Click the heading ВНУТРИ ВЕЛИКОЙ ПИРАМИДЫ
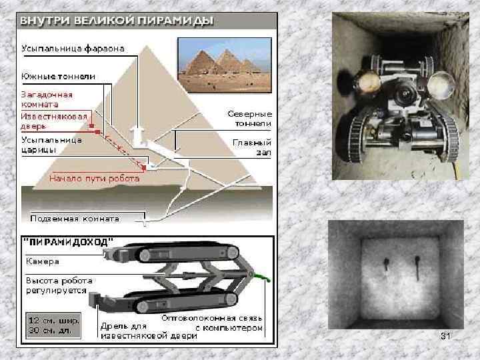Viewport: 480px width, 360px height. [117, 21]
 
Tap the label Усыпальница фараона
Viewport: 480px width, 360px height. [73, 49]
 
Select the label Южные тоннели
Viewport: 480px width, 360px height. [58, 77]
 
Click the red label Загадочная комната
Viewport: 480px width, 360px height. [47, 99]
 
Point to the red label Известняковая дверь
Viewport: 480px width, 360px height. [54, 121]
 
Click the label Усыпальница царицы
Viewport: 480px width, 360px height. [51, 145]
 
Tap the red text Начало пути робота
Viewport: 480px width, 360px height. [94, 179]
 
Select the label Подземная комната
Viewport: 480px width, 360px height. [75, 219]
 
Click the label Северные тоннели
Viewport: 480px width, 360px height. [250, 119]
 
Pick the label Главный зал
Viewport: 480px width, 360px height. [252, 147]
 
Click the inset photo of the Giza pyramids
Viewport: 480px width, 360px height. [225, 65]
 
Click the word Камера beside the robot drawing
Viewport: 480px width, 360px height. [43, 261]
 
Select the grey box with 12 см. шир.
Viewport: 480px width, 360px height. [53, 325]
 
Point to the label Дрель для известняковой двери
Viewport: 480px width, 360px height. [149, 331]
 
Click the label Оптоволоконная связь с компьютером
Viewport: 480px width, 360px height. [212, 323]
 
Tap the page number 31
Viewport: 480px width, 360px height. [445, 336]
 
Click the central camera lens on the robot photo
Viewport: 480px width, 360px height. [405, 93]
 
